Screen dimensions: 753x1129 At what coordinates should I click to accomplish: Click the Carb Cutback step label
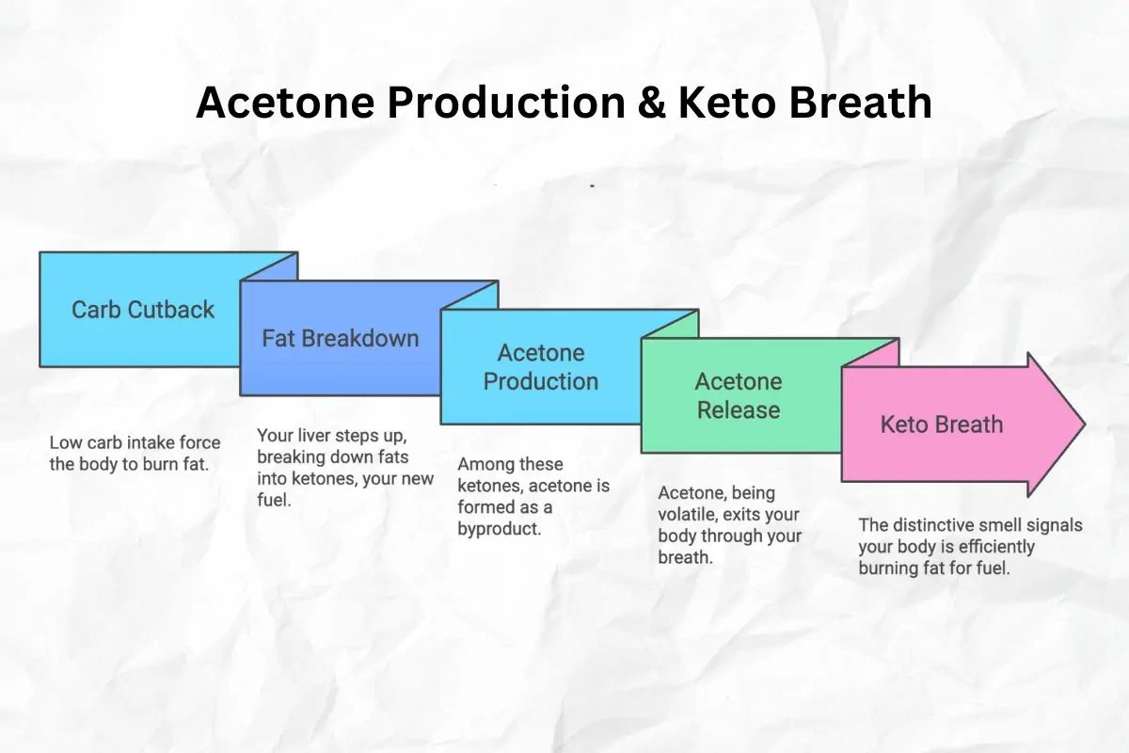[143, 310]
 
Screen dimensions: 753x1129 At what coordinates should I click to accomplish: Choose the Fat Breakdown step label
[341, 339]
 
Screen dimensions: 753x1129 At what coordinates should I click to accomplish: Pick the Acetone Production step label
[541, 367]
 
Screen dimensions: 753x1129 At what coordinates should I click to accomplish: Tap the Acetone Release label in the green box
[738, 396]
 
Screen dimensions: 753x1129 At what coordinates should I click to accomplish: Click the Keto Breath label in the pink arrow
[942, 425]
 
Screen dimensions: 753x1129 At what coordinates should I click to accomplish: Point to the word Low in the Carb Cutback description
[66, 442]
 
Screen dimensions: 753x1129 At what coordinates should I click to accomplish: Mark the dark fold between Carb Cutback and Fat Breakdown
[270, 267]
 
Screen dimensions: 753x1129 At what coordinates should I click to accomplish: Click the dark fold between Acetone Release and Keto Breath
[870, 353]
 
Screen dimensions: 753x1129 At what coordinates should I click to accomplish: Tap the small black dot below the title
[592, 186]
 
